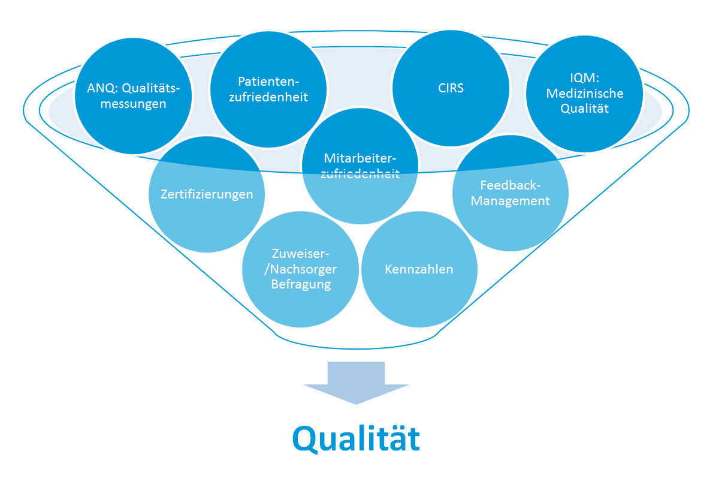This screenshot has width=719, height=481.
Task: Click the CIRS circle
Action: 451,88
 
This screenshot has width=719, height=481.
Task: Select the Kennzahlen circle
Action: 419,269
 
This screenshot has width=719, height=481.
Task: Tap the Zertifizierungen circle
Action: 207,194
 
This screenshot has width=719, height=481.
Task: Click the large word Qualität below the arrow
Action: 356,439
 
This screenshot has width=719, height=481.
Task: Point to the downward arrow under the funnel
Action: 356,383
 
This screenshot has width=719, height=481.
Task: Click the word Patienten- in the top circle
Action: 268,82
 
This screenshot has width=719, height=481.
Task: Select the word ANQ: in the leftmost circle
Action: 103,88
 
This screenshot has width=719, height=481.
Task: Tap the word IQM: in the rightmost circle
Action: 585,78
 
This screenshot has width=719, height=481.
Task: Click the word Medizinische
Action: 585,93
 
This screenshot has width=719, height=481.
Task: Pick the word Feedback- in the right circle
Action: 510,185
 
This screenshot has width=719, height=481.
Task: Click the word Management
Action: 510,201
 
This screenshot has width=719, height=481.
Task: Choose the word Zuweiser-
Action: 300,254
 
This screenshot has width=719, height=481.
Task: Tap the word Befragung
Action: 301,285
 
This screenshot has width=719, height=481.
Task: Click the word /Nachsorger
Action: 300,269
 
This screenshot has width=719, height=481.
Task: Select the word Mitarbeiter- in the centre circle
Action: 360,158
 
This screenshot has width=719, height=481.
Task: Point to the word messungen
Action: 134,104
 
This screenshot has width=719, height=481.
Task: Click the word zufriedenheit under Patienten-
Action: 268,97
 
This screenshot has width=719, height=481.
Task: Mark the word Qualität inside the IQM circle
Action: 585,109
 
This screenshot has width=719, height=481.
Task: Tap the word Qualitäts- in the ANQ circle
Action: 151,88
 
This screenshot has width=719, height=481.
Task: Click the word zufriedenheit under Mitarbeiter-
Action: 360,174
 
